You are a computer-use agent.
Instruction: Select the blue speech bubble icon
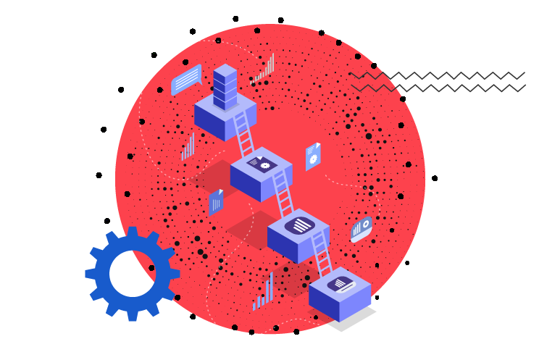click(185, 80)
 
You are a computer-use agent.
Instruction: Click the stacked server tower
click(225, 88)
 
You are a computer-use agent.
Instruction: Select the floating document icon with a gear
click(313, 156)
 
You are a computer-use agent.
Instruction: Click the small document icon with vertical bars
click(216, 202)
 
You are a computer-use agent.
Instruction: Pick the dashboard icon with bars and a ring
click(361, 229)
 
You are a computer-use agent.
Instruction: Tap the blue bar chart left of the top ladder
click(188, 147)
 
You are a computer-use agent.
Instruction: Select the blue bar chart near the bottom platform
click(264, 291)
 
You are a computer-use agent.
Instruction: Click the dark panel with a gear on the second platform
click(262, 164)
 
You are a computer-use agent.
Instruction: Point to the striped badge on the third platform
click(299, 225)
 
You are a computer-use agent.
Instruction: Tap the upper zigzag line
click(438, 75)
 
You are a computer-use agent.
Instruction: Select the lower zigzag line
click(438, 88)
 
